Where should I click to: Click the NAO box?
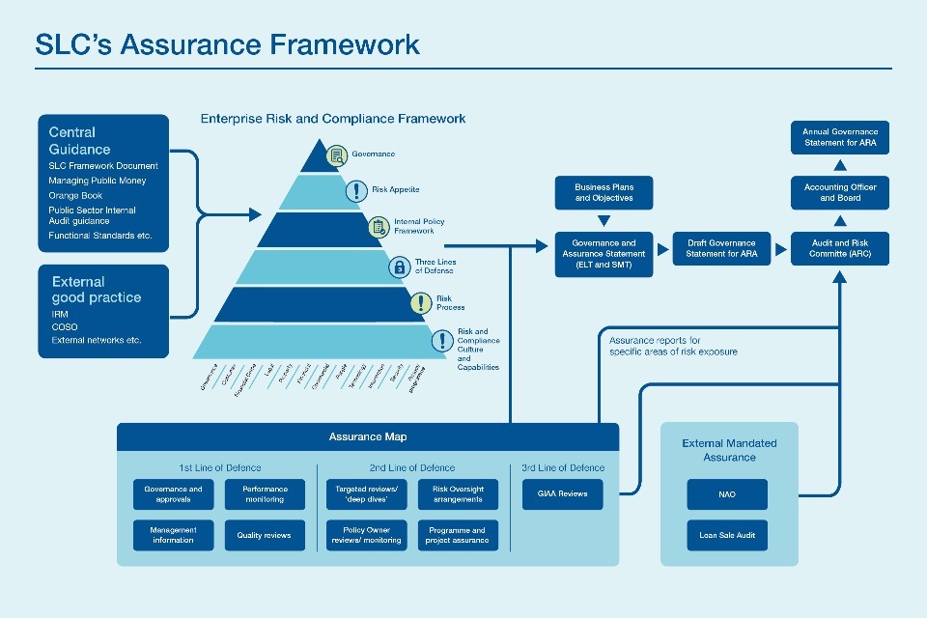(x=727, y=494)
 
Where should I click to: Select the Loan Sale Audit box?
(x=727, y=535)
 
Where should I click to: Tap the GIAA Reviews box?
(x=562, y=494)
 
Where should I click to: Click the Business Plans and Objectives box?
(x=604, y=192)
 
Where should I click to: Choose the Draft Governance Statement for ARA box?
(x=721, y=248)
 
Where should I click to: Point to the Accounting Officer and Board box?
(x=840, y=192)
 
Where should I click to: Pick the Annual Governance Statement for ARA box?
(x=840, y=138)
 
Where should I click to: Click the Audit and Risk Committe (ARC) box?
(x=840, y=248)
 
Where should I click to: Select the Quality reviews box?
(x=264, y=535)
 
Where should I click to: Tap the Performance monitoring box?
(x=264, y=494)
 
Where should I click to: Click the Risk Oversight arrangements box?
(x=459, y=494)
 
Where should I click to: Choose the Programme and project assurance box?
(x=459, y=535)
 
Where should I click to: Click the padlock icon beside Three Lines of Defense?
(x=398, y=267)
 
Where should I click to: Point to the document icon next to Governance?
(x=336, y=154)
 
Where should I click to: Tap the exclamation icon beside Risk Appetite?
(x=356, y=190)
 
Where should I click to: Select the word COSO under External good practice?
(x=65, y=327)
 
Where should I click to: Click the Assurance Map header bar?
(x=368, y=436)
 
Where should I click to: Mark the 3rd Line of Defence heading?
(x=562, y=468)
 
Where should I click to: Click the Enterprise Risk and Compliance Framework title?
(x=333, y=119)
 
